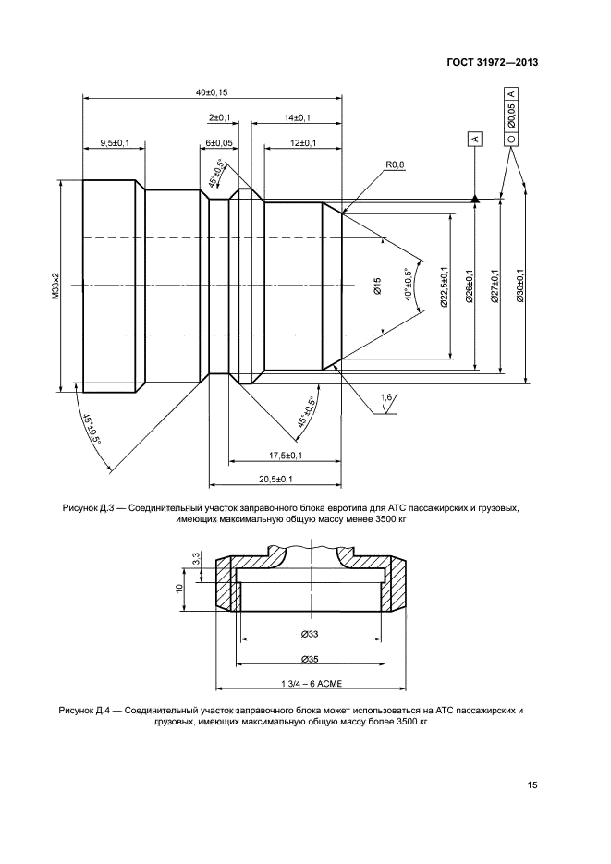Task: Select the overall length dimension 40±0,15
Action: click(212, 92)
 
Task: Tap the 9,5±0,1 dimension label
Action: click(114, 143)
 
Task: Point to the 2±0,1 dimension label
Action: click(219, 118)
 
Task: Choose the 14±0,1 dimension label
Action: click(298, 118)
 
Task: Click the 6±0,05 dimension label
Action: click(219, 143)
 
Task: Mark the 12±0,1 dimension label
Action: click(303, 143)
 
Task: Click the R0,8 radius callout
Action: click(395, 164)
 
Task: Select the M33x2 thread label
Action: click(55, 287)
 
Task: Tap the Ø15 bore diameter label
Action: click(377, 286)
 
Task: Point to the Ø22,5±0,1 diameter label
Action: click(445, 287)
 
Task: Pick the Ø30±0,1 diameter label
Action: click(520, 286)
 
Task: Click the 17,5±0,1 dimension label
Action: click(287, 456)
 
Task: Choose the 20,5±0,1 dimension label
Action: click(275, 479)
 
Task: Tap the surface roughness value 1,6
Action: click(386, 398)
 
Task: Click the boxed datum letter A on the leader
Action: click(474, 139)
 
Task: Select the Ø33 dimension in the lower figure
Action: click(310, 634)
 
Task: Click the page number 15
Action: click(532, 785)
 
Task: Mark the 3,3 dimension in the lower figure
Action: click(196, 560)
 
